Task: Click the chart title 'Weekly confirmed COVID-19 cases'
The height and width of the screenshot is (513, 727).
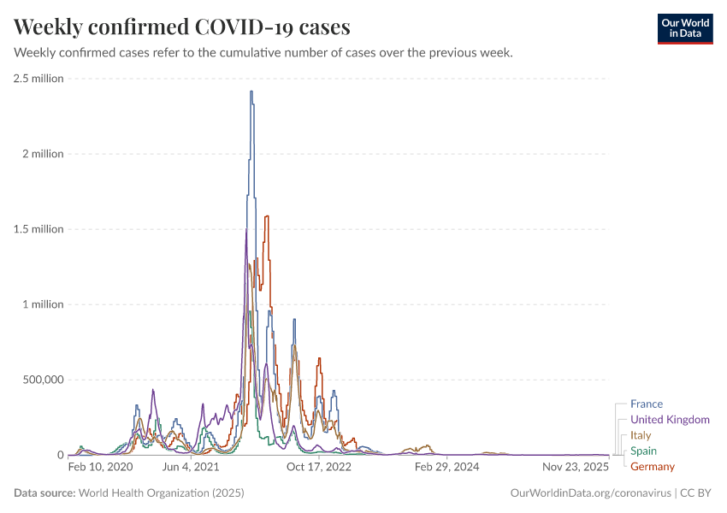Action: (182, 27)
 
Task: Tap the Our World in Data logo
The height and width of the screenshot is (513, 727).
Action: (684, 27)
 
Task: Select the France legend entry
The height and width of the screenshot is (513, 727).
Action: (646, 404)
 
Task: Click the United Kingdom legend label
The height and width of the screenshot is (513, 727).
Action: (670, 420)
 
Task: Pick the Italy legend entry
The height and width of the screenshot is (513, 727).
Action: (641, 435)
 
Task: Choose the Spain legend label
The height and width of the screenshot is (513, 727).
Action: (643, 451)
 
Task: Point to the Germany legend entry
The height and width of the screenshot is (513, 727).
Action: (652, 466)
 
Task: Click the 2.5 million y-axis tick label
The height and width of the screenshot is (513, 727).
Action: (38, 79)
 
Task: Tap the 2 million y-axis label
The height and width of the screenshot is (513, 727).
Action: (43, 154)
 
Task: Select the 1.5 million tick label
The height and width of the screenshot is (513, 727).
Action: (38, 229)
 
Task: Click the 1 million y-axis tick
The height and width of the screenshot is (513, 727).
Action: (43, 304)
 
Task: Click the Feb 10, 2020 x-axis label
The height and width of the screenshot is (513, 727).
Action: (100, 468)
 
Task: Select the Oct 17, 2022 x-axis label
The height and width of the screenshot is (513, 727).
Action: (319, 468)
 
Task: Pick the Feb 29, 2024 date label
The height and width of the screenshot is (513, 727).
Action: (446, 468)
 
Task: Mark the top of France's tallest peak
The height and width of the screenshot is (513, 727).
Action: (251, 91)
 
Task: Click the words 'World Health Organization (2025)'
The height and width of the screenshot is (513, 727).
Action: (161, 493)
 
